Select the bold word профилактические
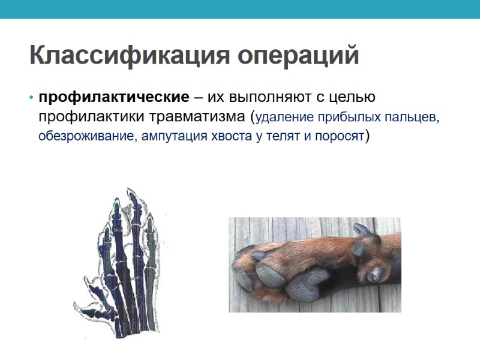tap(114, 97)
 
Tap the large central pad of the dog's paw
tap(309, 282)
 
